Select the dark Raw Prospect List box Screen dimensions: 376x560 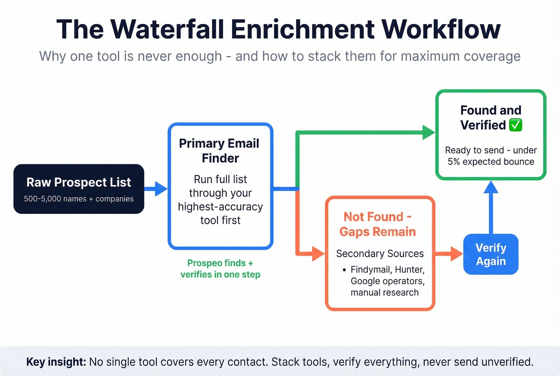[79, 189]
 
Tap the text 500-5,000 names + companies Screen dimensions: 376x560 [79, 199]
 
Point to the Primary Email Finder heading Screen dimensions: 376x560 [220, 151]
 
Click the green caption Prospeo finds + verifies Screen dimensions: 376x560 [220, 269]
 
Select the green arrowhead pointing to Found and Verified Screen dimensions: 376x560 [428, 132]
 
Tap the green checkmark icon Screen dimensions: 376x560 [516, 125]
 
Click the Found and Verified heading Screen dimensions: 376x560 [490, 117]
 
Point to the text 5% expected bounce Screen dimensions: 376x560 [491, 162]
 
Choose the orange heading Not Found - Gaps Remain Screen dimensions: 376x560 [378, 224]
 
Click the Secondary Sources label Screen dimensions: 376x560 [380, 253]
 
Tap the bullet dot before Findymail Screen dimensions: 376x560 [344, 270]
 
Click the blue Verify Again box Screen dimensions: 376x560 [491, 254]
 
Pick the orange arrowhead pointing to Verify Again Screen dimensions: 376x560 [456, 254]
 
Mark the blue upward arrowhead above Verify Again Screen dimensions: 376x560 [491, 187]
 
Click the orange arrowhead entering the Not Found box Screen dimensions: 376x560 [318, 254]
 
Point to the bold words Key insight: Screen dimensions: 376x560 [56, 362]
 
